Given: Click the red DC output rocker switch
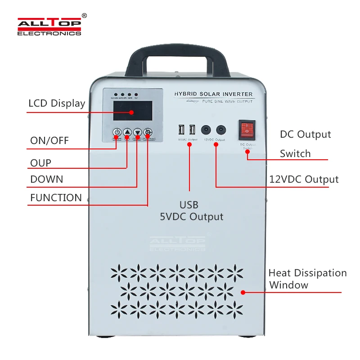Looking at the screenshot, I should point(246,129).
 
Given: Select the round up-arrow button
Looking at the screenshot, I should point(127,132).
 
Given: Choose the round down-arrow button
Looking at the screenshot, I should point(137,132).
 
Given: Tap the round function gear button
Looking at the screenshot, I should point(148,132).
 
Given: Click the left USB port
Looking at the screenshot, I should point(181,130).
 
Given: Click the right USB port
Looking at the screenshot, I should point(192,130).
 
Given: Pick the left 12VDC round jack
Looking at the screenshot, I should point(207,130).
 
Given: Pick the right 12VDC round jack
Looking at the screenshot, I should point(220,130).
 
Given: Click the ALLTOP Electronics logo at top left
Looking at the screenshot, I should point(49,27).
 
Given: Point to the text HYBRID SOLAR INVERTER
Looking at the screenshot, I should point(213,94).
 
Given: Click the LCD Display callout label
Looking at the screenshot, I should point(57,103).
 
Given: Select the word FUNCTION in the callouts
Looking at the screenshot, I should point(56,198).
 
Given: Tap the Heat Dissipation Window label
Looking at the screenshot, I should point(307,279).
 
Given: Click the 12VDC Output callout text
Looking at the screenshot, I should point(304,179).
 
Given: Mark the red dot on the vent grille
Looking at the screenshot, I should point(243,292).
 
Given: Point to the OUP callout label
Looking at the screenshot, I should point(40,162).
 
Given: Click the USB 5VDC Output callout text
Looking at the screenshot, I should point(192,211).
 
